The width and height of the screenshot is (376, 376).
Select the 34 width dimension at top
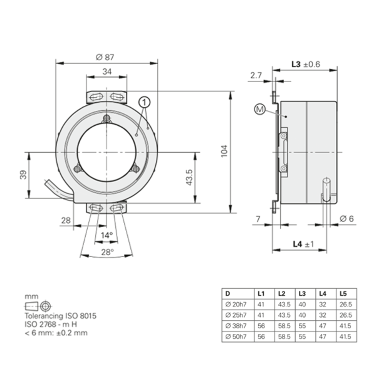tap(107, 71)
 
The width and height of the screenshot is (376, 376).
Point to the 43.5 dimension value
tap(189, 177)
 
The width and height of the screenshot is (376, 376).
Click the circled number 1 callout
tap(145, 102)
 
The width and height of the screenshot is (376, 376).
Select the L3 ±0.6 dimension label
tap(305, 64)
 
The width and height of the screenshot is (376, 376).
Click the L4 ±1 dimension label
tap(303, 244)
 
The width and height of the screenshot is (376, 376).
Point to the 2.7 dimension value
tap(256, 75)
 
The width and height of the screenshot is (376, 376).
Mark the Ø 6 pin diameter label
tap(347, 219)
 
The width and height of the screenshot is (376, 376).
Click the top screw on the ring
tap(106, 118)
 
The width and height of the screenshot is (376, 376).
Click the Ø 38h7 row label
tap(236, 325)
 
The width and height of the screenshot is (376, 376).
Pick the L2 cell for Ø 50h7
tap(282, 337)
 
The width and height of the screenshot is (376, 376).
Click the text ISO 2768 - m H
tap(54, 324)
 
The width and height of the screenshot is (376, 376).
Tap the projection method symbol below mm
tap(38, 306)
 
